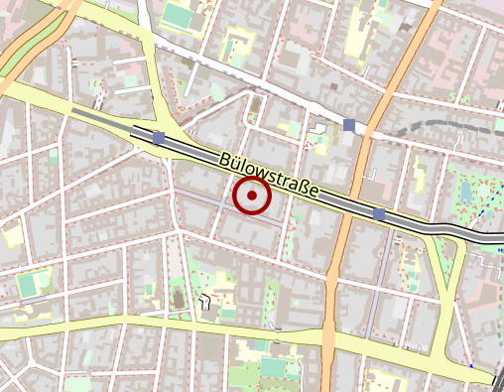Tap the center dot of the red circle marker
[x=252, y=196]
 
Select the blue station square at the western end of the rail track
[x=159, y=137]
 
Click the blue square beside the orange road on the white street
[x=349, y=125]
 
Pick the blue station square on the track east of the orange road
[x=378, y=213]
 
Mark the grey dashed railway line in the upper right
[x=437, y=125]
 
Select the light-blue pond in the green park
[x=466, y=192]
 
